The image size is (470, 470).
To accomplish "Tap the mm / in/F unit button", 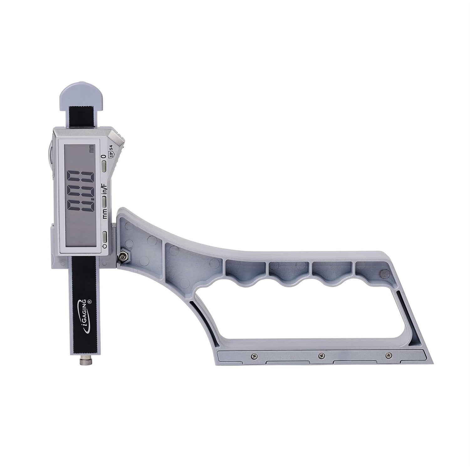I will pyautogui.click(x=104, y=201).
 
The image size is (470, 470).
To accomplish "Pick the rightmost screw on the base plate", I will pyautogui.click(x=389, y=355).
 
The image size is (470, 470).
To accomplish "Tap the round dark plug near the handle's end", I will pyautogui.click(x=383, y=273).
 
